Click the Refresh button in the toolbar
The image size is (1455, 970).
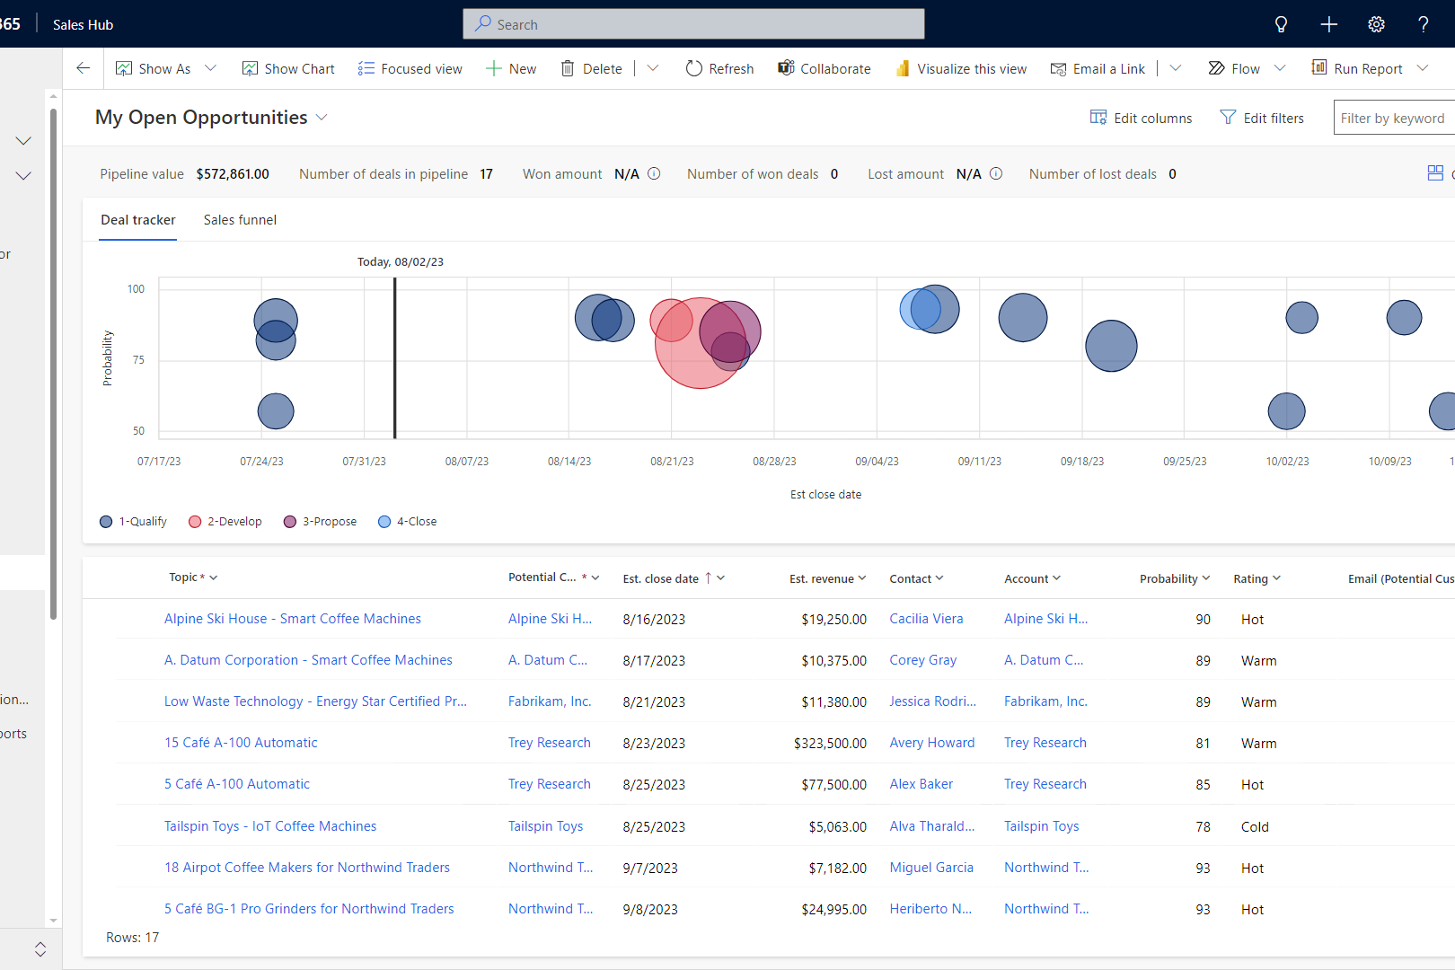[719, 68]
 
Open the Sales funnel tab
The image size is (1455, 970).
[240, 220]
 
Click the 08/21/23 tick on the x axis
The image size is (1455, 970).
[672, 461]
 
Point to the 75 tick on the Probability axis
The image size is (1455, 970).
[138, 359]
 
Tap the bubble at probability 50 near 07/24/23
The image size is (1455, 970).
[276, 411]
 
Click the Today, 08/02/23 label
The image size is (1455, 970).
[401, 261]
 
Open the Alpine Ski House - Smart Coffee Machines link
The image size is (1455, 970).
[292, 619]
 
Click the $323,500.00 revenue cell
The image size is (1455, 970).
[830, 743]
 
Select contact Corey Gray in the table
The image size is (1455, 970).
[922, 660]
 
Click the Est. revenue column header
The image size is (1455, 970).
[822, 578]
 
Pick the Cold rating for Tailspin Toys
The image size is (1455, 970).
[1255, 826]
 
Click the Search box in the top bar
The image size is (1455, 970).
[693, 24]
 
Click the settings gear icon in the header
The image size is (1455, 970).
[1376, 24]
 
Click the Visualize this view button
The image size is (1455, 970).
[961, 68]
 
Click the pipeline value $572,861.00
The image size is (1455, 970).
[233, 174]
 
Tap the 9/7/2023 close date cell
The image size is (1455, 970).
[650, 868]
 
